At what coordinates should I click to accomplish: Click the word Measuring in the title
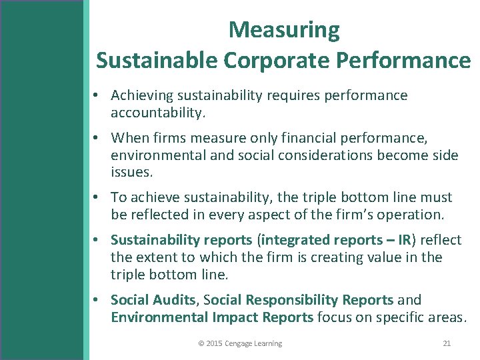click(284, 30)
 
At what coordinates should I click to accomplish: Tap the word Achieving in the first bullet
click(142, 95)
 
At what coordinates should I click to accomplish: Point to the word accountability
click(157, 113)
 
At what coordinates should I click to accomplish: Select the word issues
click(131, 173)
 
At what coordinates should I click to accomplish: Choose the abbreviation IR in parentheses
click(404, 240)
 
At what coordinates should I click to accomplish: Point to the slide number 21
click(447, 343)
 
